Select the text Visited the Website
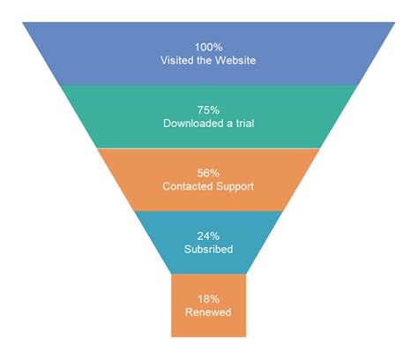coord(209,60)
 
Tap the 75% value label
coord(209,110)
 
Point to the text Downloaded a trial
coord(209,124)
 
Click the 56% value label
coord(209,173)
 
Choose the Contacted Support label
coord(209,186)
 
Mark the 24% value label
coord(209,236)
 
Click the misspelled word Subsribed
coord(209,250)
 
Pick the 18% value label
coord(209,299)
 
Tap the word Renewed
coord(209,312)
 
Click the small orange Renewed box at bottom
coord(209,326)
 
